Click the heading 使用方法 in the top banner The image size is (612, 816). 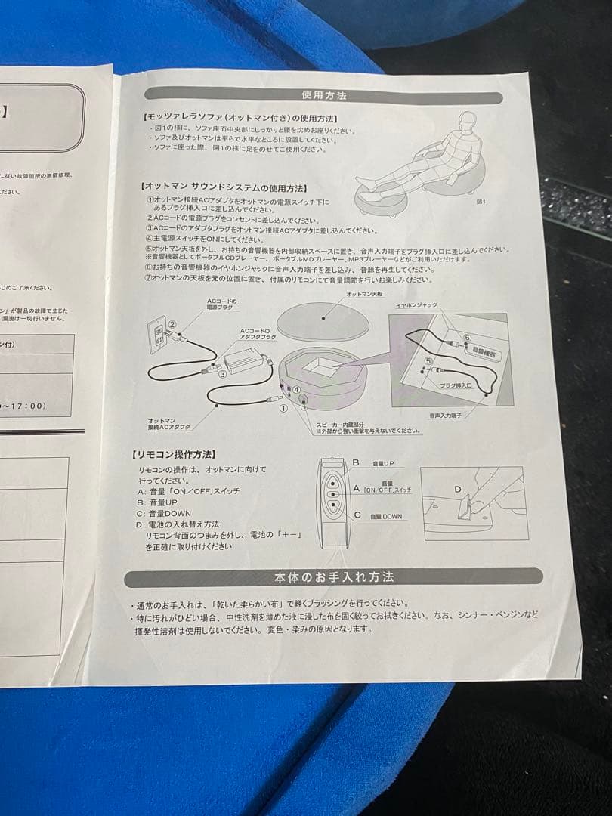pos(324,96)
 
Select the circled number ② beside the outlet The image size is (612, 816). pos(172,325)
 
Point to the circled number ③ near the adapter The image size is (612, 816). pos(222,372)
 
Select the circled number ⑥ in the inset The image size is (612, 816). pos(467,337)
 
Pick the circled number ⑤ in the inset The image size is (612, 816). pos(428,361)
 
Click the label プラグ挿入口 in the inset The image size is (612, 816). pos(456,385)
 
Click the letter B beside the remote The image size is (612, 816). pos(355,462)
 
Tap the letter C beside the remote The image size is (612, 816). pos(355,515)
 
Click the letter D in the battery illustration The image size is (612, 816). pos(457,489)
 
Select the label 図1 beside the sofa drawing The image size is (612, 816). pos(482,202)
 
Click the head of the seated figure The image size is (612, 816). pos(463,119)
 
